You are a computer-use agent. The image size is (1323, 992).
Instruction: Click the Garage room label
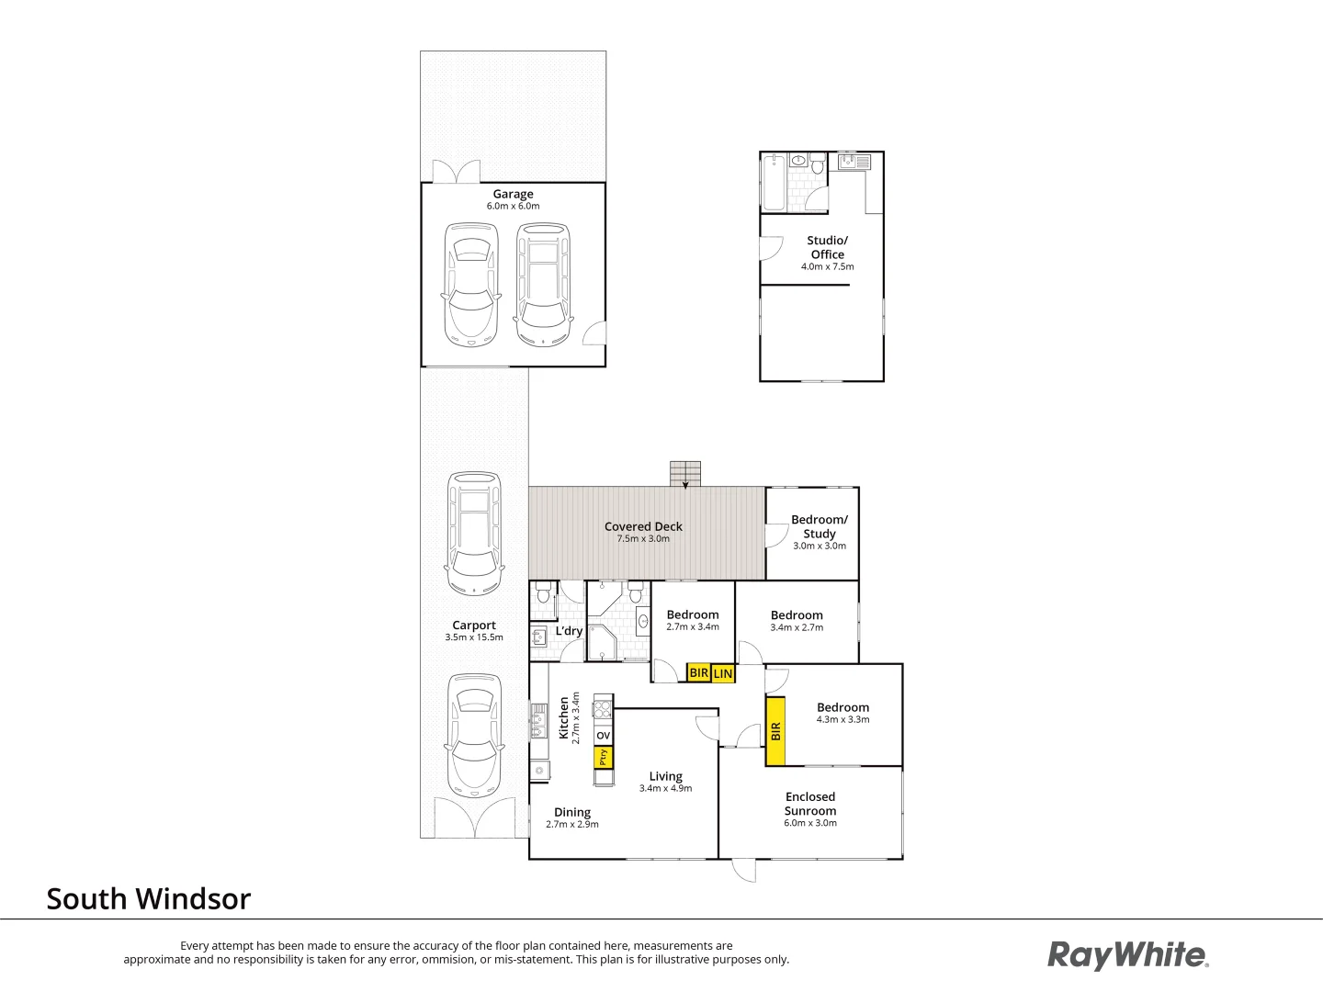point(513,194)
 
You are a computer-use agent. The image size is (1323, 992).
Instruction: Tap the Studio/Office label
point(827,247)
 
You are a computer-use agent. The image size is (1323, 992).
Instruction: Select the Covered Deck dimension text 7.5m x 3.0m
point(643,539)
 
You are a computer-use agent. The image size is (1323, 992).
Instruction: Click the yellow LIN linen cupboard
point(723,674)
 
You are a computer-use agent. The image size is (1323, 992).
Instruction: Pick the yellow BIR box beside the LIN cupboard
point(698,673)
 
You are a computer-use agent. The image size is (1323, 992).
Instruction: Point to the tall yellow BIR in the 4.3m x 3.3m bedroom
point(775,731)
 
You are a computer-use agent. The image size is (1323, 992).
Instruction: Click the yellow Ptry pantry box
point(603,758)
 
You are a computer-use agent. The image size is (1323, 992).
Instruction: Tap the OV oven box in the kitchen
point(603,736)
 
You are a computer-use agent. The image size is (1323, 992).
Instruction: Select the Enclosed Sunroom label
point(809,804)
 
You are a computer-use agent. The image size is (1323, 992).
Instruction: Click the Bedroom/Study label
point(819,526)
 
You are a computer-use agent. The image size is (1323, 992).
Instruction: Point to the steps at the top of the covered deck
point(684,473)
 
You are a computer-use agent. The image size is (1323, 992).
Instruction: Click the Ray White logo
point(1127,955)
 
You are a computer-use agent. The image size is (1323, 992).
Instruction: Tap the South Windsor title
point(148,898)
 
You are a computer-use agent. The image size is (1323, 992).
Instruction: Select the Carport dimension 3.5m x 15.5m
point(474,637)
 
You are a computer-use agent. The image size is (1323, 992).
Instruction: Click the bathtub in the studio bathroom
point(774,182)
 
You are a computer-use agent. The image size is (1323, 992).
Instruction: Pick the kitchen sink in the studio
point(854,163)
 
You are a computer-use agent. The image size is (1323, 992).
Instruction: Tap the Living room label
point(665,776)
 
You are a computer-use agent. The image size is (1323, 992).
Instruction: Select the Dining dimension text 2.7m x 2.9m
point(571,825)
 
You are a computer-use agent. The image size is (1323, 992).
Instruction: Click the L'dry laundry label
point(569,631)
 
